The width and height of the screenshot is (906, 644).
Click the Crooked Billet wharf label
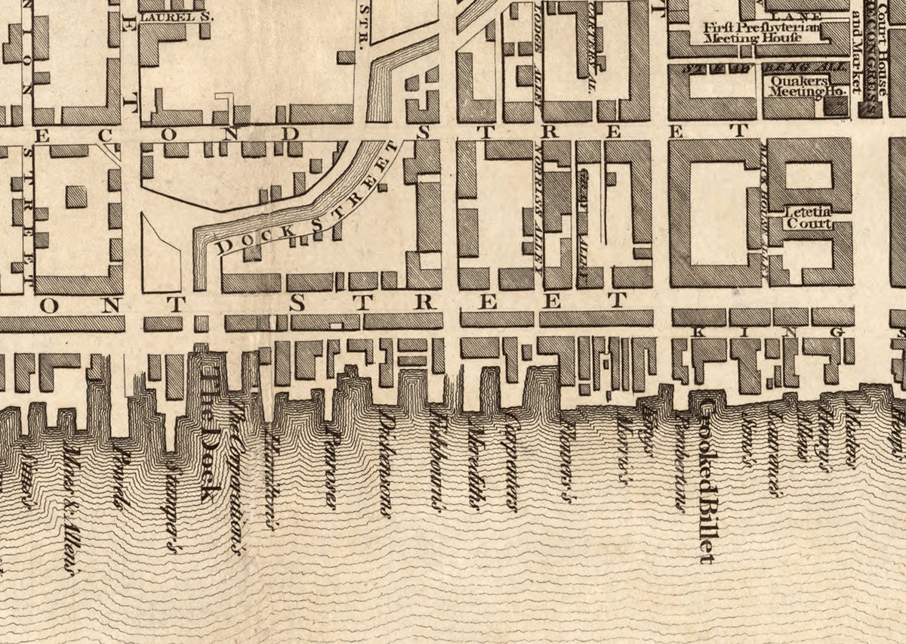pos(705,484)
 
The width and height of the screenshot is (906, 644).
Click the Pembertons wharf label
pos(681,461)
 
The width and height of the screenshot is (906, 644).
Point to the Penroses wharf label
pos(331,457)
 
